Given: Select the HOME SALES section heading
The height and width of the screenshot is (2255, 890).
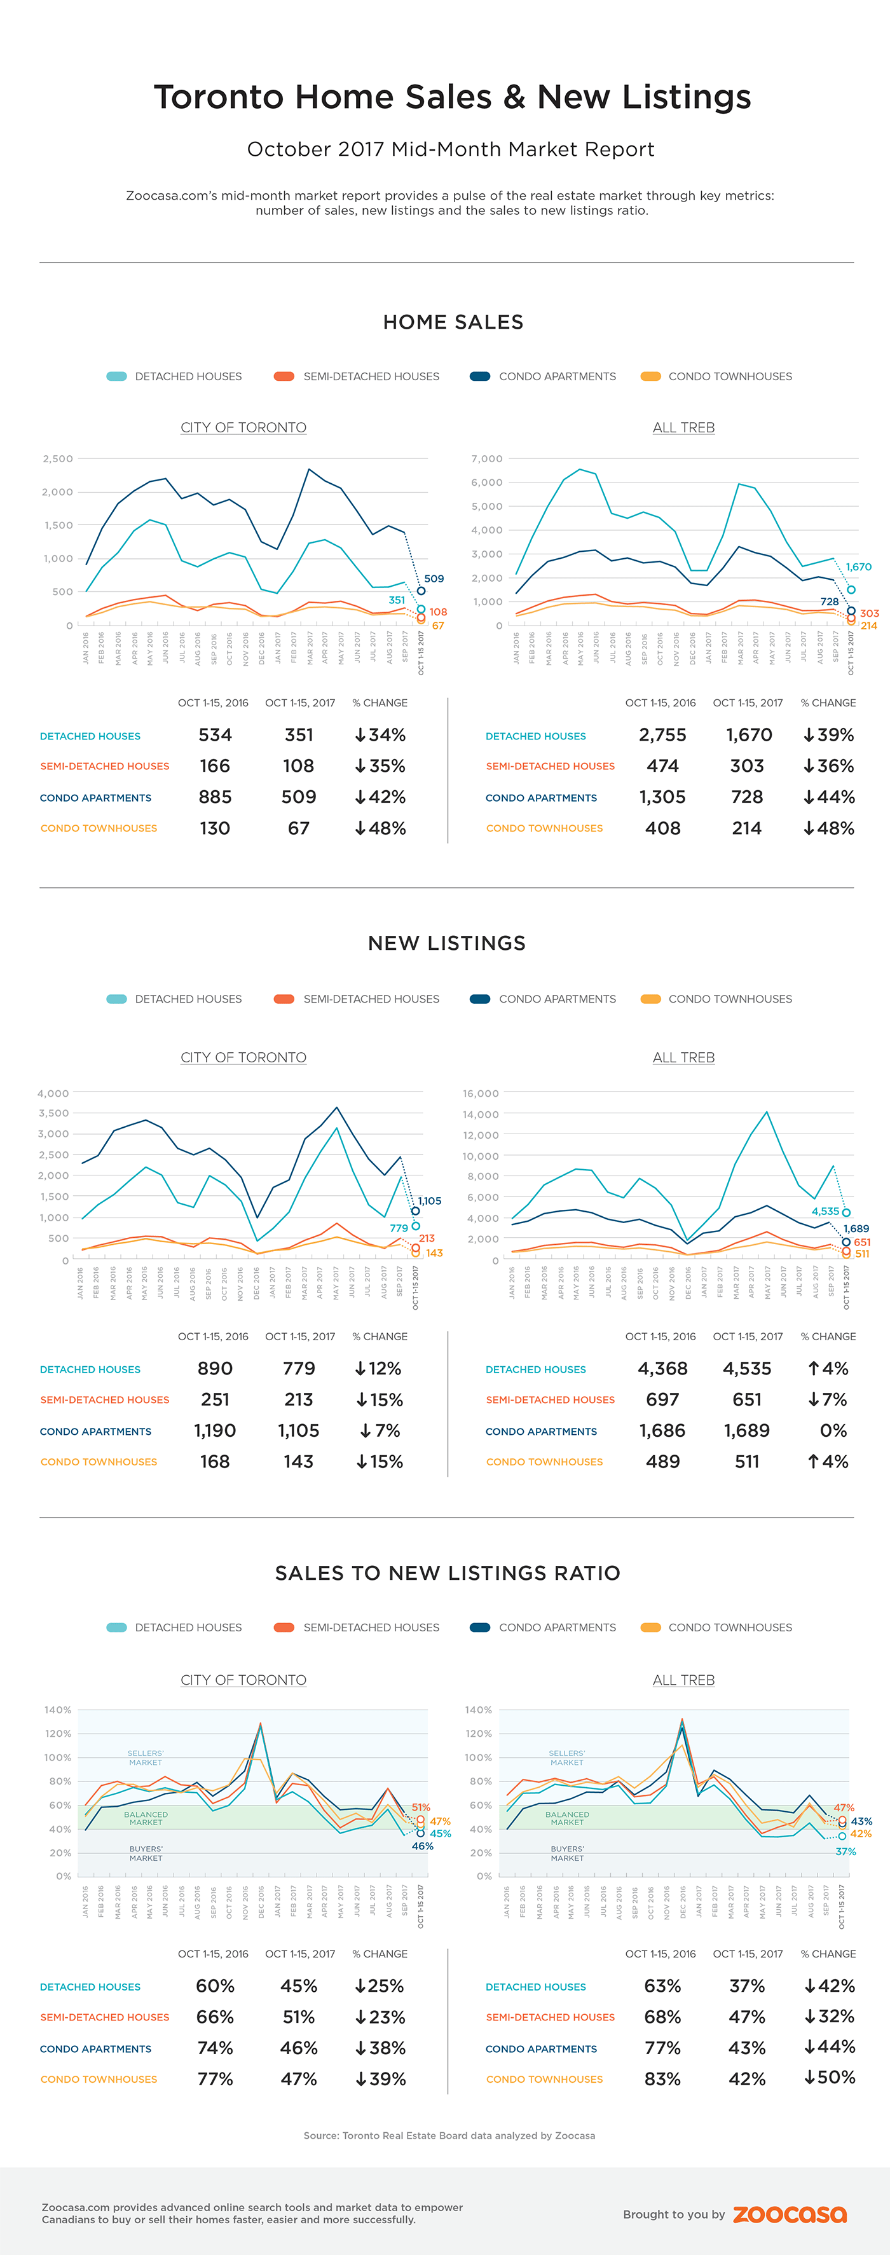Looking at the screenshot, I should (453, 322).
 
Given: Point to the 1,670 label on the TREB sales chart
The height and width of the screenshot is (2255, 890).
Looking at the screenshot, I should (858, 566).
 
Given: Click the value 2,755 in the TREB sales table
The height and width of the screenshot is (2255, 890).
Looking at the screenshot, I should (662, 736).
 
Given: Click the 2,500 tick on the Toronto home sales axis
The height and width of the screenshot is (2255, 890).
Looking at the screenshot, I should (58, 459).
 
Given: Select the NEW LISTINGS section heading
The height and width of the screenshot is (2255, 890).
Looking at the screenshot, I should (446, 943).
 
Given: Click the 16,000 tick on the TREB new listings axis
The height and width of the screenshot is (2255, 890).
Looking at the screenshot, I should (481, 1093).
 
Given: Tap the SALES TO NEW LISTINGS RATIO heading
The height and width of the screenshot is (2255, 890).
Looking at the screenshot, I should (447, 1573).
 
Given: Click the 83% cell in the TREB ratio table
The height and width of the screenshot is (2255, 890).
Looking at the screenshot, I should (662, 2079).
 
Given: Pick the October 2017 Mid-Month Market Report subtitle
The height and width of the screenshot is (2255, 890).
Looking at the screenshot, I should (451, 149).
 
